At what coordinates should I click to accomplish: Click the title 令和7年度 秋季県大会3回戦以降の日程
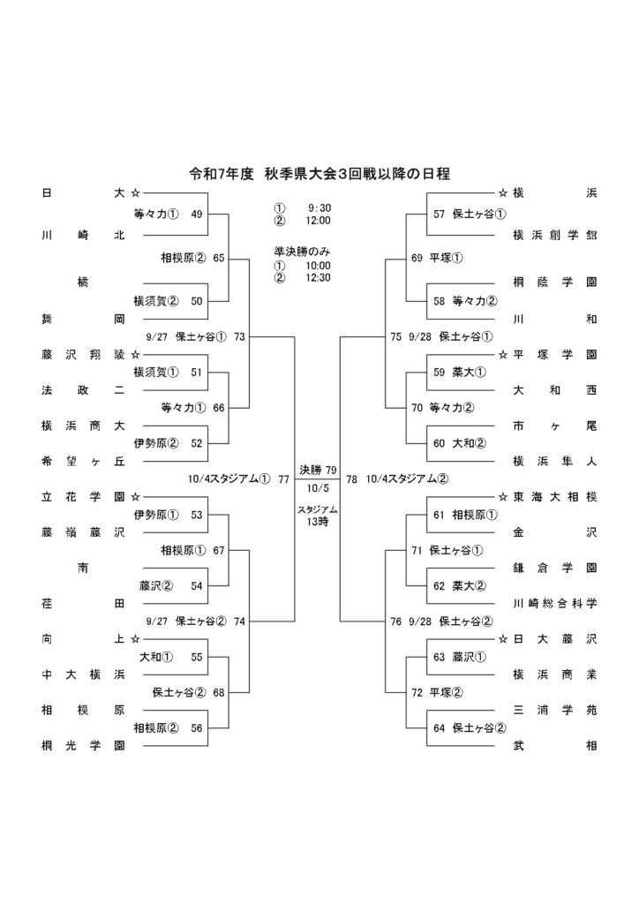pyautogui.click(x=319, y=174)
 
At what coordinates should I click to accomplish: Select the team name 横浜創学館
pyautogui.click(x=554, y=235)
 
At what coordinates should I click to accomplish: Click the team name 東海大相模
pyautogui.click(x=554, y=497)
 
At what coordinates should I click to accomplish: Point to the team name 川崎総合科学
pyautogui.click(x=554, y=603)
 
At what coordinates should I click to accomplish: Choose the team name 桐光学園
pyautogui.click(x=82, y=745)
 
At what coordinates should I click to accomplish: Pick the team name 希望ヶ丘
pyautogui.click(x=82, y=460)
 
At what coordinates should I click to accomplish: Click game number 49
pyautogui.click(x=196, y=214)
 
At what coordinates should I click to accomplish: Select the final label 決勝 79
pyautogui.click(x=318, y=469)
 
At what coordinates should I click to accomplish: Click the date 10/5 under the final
pyautogui.click(x=318, y=486)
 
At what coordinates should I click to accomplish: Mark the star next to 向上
pyautogui.click(x=135, y=638)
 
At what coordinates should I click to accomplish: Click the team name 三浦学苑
pyautogui.click(x=554, y=709)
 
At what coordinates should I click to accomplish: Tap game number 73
pyautogui.click(x=239, y=335)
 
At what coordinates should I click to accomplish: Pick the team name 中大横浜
pyautogui.click(x=82, y=674)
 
